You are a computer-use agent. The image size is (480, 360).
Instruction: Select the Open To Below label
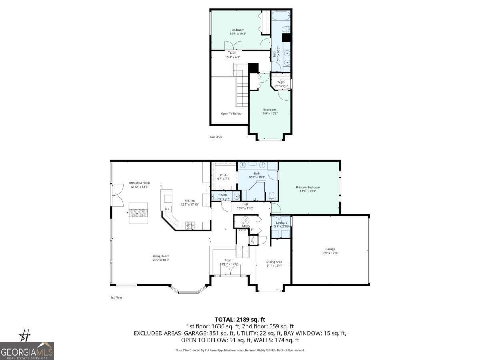click(231, 114)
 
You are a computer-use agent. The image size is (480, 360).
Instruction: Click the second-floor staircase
click(242, 92)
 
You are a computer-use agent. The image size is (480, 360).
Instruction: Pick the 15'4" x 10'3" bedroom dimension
click(238, 34)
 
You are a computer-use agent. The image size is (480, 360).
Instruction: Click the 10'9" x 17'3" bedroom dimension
click(269, 114)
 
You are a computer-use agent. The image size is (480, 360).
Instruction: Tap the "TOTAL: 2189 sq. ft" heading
click(240, 319)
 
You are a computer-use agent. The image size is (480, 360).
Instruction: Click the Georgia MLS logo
click(27, 351)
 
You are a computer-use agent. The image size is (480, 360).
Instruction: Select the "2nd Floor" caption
click(216, 137)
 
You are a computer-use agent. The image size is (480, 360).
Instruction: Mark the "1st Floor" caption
click(116, 298)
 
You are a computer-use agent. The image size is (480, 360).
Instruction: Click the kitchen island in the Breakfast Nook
click(138, 213)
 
